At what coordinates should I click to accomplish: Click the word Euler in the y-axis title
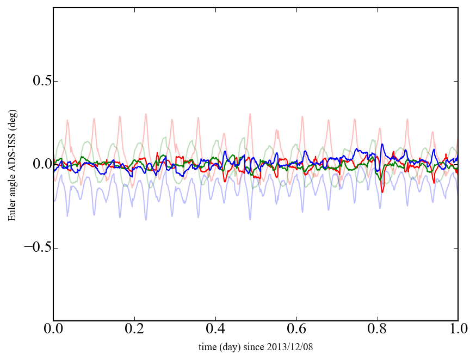click(12, 211)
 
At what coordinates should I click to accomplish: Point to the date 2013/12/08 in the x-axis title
click(292, 347)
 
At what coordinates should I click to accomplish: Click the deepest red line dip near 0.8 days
click(382, 192)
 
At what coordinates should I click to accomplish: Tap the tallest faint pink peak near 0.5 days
click(250, 114)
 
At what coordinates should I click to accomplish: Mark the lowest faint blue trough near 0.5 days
click(250, 219)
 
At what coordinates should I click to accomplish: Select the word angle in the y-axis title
click(12, 188)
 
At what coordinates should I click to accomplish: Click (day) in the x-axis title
click(231, 347)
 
